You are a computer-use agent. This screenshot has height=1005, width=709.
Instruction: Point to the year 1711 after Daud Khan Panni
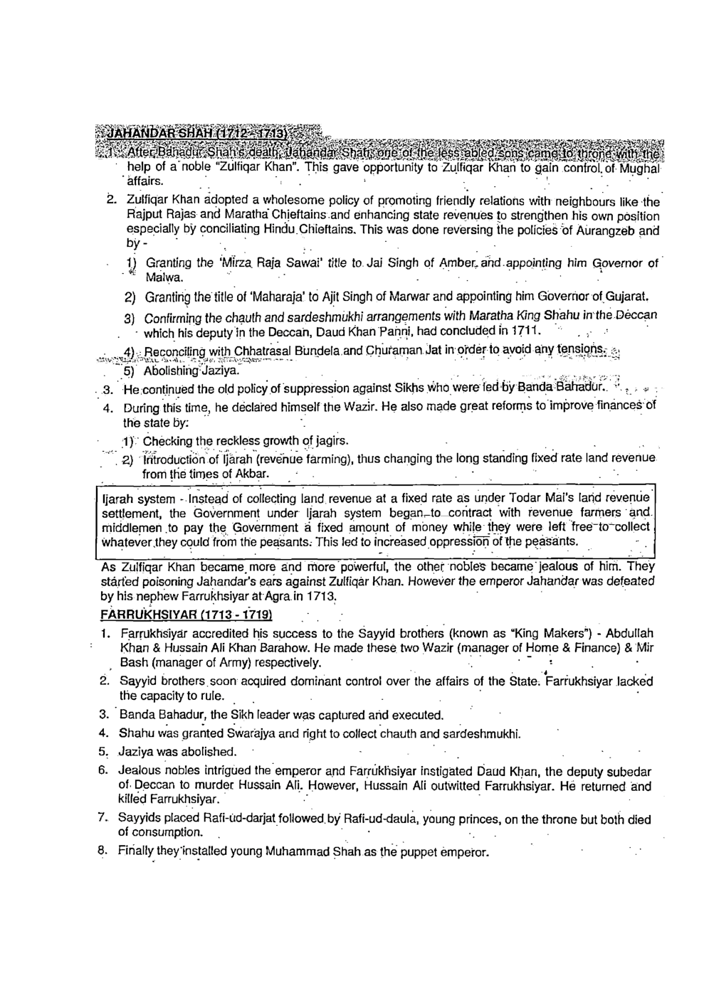527,331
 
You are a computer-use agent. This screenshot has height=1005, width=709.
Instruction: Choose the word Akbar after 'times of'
253,474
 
